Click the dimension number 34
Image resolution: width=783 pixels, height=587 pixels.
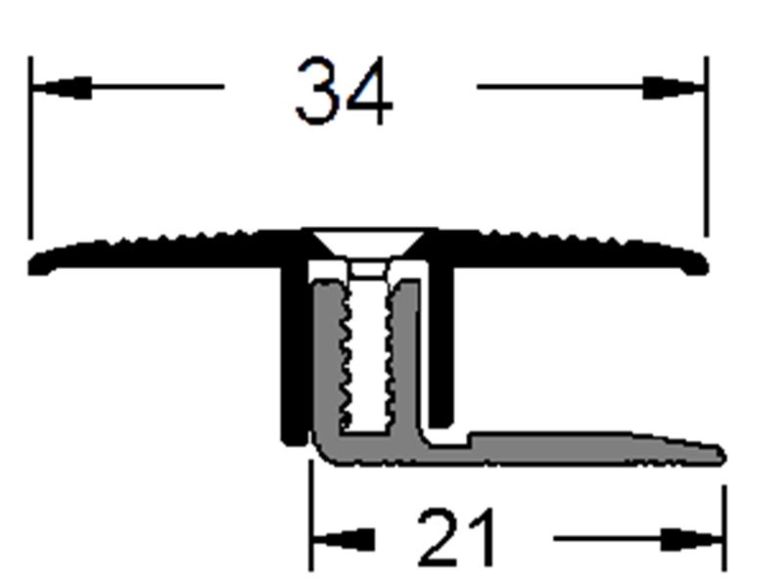344,92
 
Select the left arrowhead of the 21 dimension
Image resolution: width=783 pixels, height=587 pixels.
342,539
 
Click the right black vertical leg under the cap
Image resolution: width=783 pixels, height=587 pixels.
442,342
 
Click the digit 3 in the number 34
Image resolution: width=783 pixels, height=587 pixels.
318,92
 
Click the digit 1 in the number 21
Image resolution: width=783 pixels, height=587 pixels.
482,538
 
